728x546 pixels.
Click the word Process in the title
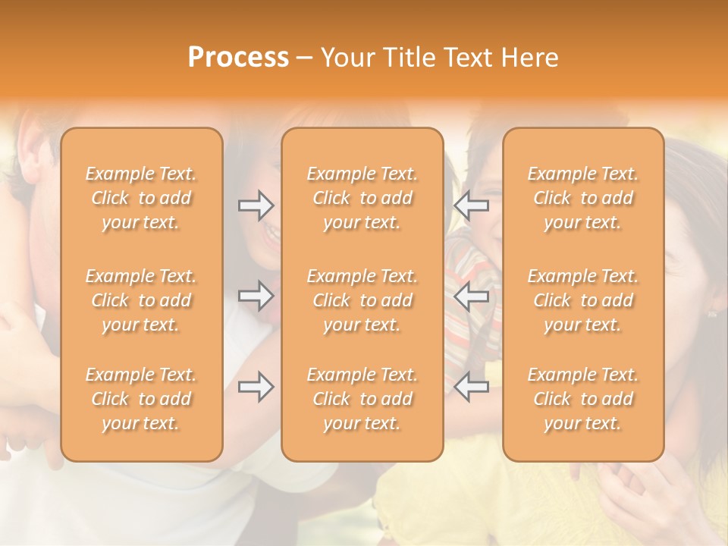point(238,58)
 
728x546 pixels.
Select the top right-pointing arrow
point(256,205)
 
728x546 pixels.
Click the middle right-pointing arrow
point(256,296)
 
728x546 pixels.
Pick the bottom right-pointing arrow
point(256,387)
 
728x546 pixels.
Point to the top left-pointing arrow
point(471,205)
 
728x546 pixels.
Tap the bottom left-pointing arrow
point(471,387)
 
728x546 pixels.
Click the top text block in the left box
point(141,198)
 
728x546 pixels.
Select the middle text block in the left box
point(141,300)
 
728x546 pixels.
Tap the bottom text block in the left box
point(141,399)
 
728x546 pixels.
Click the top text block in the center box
point(362,198)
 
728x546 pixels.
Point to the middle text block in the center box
point(362,300)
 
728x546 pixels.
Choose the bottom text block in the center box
point(362,399)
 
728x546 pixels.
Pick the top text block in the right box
point(583,198)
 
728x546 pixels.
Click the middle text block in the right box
point(583,300)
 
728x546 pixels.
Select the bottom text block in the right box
point(583,399)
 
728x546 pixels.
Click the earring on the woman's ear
point(712,312)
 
